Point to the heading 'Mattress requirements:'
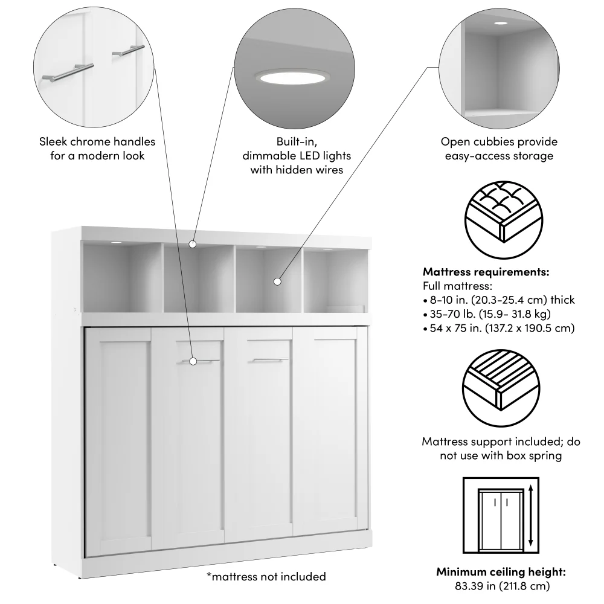point(486,272)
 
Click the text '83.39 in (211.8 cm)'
point(501,585)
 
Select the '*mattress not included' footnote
point(266,577)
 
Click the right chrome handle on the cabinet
point(271,360)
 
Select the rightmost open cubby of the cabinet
point(335,277)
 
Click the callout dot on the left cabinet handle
point(193,361)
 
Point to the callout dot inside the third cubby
point(277,281)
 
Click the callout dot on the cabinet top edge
point(193,245)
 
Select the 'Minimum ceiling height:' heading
point(501,571)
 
